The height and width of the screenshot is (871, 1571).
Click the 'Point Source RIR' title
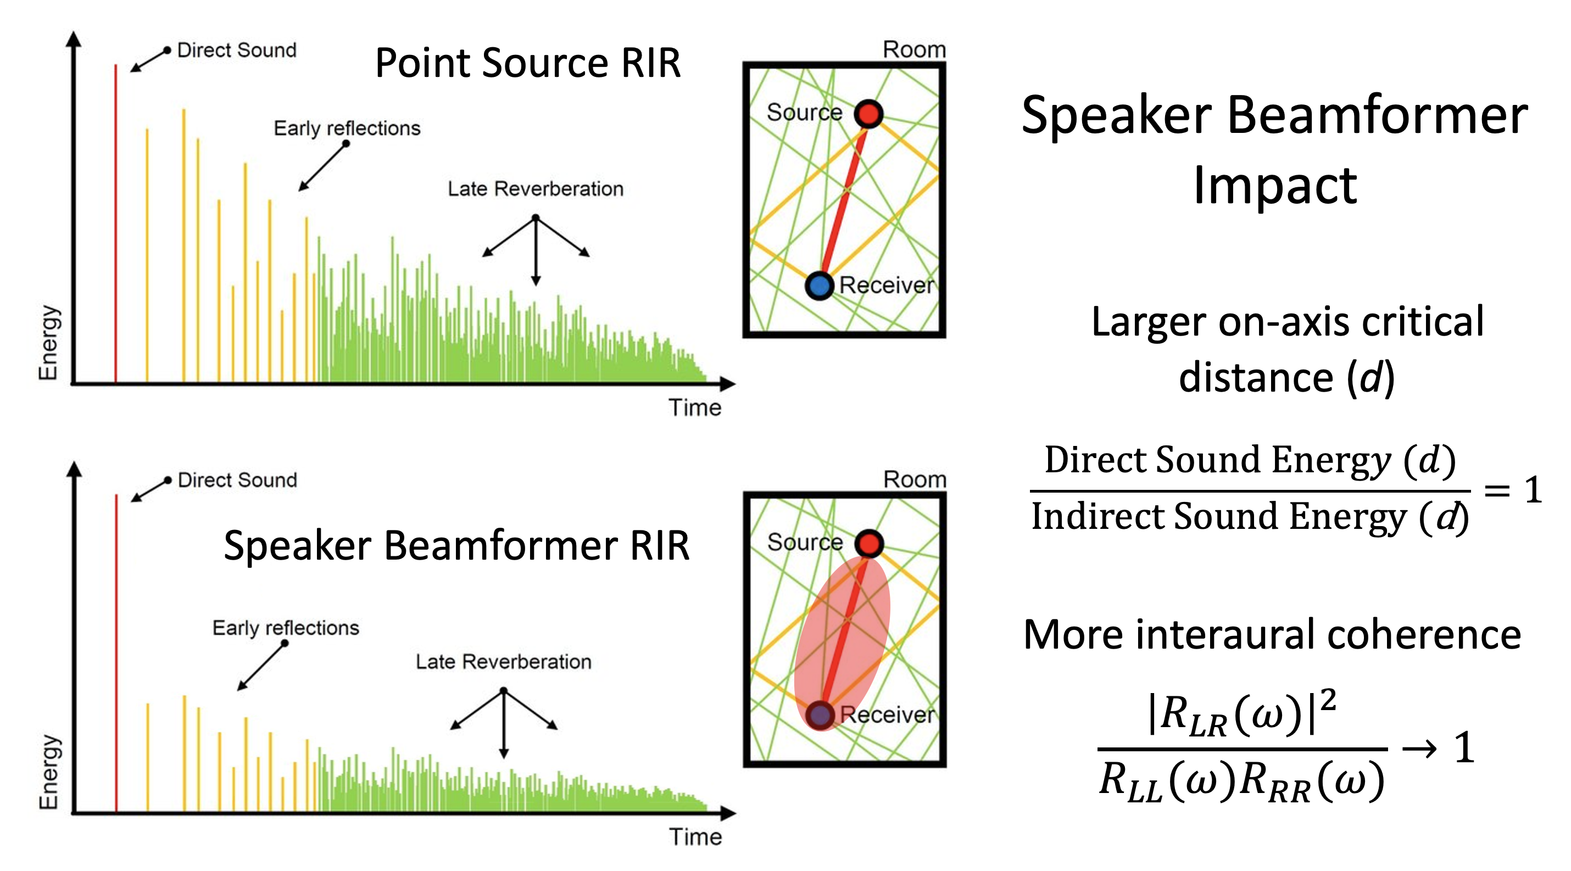pos(527,63)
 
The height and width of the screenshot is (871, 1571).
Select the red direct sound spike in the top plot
pos(115,226)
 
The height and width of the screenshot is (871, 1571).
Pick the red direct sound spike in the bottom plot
pos(116,652)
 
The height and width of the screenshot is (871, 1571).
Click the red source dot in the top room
pos(868,113)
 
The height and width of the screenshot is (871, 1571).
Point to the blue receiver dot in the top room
pos(820,285)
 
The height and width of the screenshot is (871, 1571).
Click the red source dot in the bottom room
pos(868,543)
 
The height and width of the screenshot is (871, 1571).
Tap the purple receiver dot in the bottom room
pos(820,715)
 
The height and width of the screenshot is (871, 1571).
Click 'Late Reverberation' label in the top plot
pos(536,189)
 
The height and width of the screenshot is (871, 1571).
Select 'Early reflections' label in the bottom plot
pos(286,628)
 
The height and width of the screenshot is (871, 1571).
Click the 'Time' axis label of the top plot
pos(695,407)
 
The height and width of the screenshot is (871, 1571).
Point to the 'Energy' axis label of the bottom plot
pos(49,772)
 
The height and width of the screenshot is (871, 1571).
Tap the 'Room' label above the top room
pos(914,49)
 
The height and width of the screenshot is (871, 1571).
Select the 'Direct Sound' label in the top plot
pos(237,50)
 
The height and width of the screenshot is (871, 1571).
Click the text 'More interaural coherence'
pos(1272,634)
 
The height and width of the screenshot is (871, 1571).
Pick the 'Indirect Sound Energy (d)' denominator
pos(1250,517)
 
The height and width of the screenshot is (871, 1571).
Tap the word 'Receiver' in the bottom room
pos(887,714)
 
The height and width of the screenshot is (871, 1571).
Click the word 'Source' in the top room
pos(804,112)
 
